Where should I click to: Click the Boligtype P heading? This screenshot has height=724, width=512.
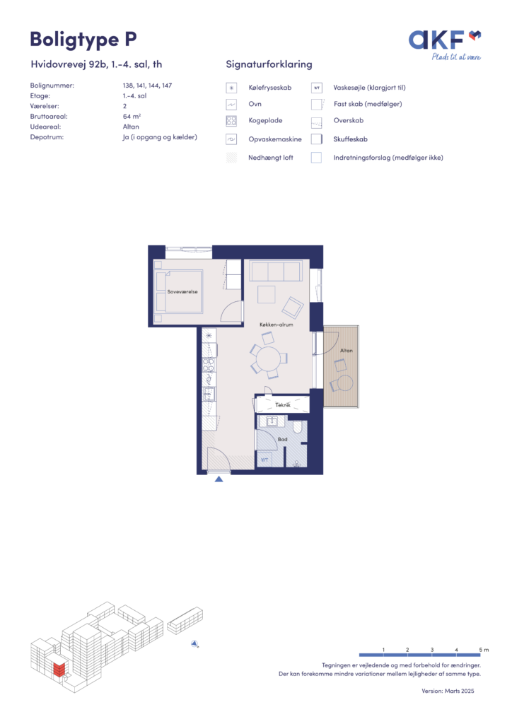point(83,40)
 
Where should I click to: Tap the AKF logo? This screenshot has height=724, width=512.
point(445,45)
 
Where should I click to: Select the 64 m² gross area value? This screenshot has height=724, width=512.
point(132,117)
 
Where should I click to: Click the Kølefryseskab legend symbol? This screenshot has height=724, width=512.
point(231,88)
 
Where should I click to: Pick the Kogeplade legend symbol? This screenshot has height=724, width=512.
point(231,121)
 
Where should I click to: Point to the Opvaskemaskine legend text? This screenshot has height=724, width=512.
point(274,139)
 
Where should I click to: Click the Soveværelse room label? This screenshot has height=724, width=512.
point(182,292)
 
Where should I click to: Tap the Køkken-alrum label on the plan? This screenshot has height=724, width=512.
point(276,325)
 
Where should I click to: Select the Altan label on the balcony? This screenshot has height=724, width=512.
point(347,351)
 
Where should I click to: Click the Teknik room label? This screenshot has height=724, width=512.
point(283,405)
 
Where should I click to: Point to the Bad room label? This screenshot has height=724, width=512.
point(283,439)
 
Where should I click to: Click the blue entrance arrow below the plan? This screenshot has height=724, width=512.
point(219,479)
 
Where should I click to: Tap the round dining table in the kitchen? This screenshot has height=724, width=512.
point(268,358)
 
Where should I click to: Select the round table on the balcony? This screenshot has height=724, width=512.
point(345,383)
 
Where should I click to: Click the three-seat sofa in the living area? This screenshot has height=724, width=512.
point(276,271)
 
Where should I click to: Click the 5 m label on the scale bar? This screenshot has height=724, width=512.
point(484,650)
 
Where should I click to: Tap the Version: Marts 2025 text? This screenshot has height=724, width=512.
point(448,691)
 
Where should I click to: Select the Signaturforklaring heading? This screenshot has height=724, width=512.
point(269,64)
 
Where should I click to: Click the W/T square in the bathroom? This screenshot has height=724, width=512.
point(264,460)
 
